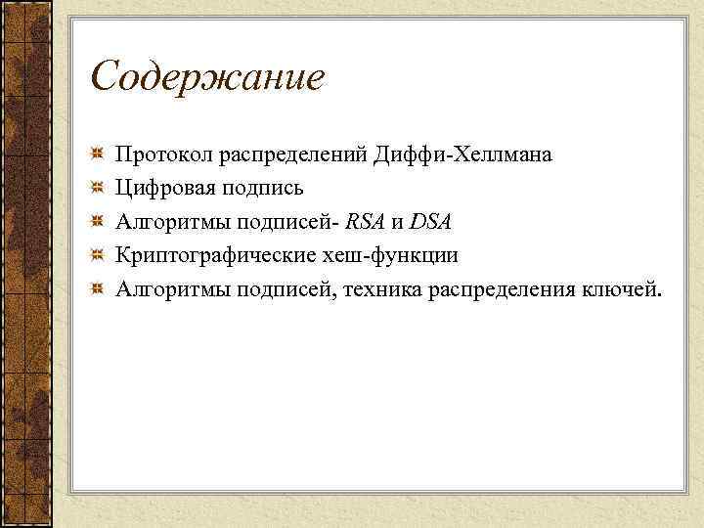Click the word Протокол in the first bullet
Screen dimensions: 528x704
[x=163, y=154]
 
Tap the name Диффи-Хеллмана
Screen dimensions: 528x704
[x=468, y=154]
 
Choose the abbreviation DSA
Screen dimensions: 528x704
[x=430, y=221]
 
